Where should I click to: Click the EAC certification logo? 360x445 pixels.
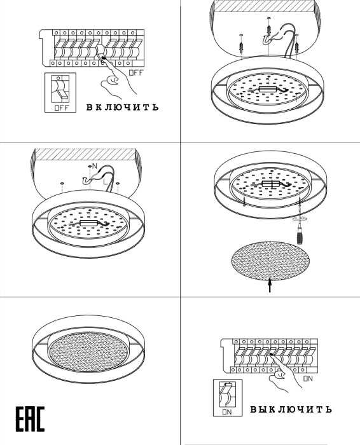point(30,419)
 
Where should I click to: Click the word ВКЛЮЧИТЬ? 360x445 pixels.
point(122,107)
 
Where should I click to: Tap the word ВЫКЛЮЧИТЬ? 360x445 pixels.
point(291,409)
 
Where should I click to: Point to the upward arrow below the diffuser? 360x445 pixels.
point(270,285)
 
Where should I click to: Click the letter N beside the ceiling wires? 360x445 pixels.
point(95,166)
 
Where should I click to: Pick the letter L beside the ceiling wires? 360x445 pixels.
point(106,181)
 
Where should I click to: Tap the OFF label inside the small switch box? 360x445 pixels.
point(61,108)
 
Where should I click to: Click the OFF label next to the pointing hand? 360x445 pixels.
point(137,72)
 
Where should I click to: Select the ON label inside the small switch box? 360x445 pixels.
point(227,412)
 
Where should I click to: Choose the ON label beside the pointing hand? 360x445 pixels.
point(308,379)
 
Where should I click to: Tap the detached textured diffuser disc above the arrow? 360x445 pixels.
point(270,261)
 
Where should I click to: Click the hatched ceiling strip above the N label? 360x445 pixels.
point(85,154)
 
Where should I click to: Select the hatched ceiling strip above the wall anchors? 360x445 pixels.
point(263,6)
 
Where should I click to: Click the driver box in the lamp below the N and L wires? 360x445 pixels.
point(88,222)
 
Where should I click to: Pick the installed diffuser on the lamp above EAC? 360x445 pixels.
point(88,352)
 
